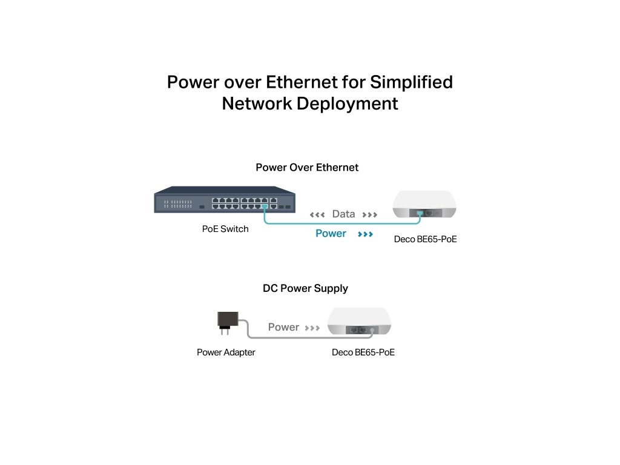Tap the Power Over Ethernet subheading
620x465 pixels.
pos(307,167)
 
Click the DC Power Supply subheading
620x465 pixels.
pos(305,288)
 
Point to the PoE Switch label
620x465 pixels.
pos(225,229)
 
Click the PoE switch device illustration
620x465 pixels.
pos(225,202)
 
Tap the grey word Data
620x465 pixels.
pos(343,214)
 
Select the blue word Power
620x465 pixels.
pos(331,233)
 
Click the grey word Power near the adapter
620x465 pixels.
pos(283,327)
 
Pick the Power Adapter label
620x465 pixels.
pos(226,352)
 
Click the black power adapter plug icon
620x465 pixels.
pos(227,320)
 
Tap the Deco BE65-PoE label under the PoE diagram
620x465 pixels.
pos(425,239)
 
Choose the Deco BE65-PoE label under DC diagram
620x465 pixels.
pos(363,352)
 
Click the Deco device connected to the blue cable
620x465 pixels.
pos(424,205)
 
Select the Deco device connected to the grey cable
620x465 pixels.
pos(360,322)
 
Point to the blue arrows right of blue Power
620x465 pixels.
pos(365,234)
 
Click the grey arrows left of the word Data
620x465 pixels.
pos(317,214)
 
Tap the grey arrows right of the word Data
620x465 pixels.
pos(370,214)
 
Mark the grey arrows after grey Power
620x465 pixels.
pos(312,328)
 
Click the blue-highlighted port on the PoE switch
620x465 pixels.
pos(265,206)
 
